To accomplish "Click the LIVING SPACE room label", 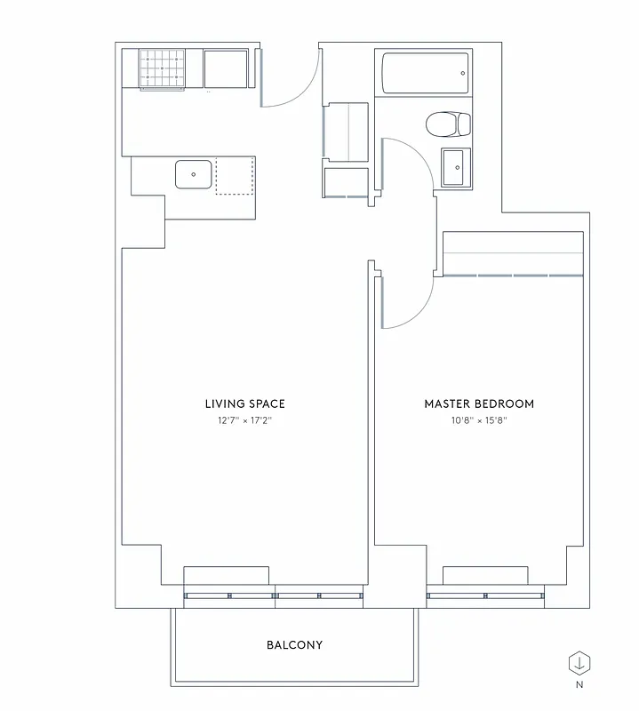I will (244, 403).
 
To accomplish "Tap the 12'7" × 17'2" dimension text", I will (244, 420).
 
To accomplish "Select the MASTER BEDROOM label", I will (479, 403).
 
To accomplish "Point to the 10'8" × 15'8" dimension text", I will (479, 420).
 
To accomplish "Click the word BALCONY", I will (294, 644).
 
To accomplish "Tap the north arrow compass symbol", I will (579, 663).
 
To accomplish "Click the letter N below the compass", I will (579, 685).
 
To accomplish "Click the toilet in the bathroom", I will (449, 124).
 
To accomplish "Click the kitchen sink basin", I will (193, 173).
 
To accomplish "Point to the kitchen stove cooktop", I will (163, 68).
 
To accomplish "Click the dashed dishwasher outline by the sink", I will (236, 176).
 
